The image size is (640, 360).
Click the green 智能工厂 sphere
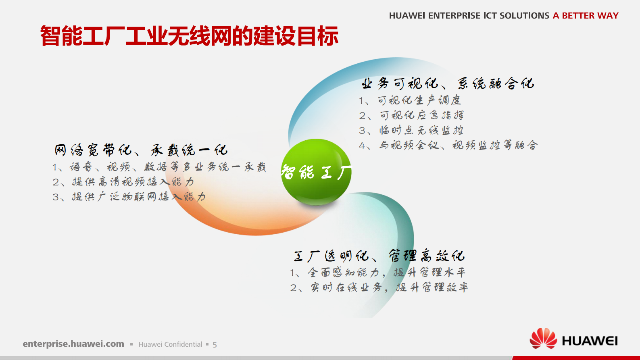pos(316,172)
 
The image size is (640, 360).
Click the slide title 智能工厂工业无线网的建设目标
pos(189,36)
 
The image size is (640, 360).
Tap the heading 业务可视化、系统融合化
pos(448,84)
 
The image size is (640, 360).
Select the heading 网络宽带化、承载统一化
pos(141,150)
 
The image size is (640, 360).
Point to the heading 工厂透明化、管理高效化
pos(379,256)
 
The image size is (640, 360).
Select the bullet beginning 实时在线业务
pos(379,287)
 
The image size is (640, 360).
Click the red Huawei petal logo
pos(543,339)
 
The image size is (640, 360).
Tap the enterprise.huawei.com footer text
pos(73,344)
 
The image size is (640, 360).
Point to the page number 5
pos(215,345)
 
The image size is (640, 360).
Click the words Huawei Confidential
pos(170,344)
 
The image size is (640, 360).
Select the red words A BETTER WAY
pos(586,16)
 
